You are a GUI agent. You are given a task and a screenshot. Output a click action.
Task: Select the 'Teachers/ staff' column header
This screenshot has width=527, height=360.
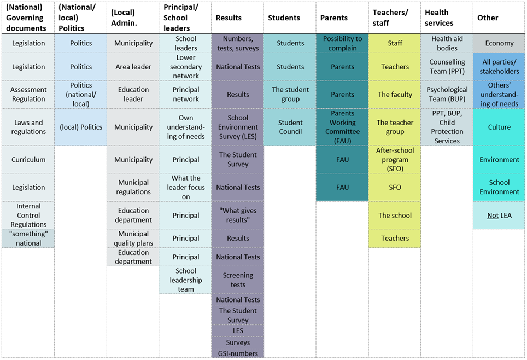pyautogui.click(x=390, y=18)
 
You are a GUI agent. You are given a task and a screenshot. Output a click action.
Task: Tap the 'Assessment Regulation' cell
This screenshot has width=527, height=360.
pyautogui.click(x=28, y=95)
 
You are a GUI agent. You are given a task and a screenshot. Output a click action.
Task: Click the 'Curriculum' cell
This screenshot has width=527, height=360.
pyautogui.click(x=28, y=160)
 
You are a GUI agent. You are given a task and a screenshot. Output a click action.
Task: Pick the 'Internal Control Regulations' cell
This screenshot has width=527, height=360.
pyautogui.click(x=28, y=215)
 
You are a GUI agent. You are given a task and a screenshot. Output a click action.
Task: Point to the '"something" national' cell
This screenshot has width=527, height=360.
pyautogui.click(x=28, y=239)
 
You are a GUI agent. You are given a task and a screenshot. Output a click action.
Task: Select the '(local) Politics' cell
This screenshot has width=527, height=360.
pyautogui.click(x=81, y=127)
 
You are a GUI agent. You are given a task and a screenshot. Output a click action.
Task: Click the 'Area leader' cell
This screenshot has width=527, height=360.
pyautogui.click(x=133, y=67)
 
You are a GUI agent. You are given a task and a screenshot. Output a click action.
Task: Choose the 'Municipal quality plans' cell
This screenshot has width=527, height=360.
pyautogui.click(x=133, y=239)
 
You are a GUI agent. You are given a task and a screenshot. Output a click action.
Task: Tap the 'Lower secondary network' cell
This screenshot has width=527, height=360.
pyautogui.click(x=186, y=67)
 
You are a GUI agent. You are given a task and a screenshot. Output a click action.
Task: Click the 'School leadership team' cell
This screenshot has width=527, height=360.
pyautogui.click(x=186, y=280)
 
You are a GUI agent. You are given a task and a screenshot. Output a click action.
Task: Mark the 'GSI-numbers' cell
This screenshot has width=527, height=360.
pyautogui.click(x=238, y=353)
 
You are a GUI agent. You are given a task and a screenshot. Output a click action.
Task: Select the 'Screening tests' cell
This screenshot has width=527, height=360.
pyautogui.click(x=238, y=280)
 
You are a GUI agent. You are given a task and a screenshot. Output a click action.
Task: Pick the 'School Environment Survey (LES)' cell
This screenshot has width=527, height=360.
pyautogui.click(x=238, y=127)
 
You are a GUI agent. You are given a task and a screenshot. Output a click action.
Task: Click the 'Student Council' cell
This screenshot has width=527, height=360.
pyautogui.click(x=290, y=127)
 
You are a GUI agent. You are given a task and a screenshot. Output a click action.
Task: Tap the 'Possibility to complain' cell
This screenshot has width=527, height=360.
pyautogui.click(x=343, y=43)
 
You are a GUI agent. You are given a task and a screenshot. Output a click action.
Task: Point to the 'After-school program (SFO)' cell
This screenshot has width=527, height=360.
pyautogui.click(x=395, y=159)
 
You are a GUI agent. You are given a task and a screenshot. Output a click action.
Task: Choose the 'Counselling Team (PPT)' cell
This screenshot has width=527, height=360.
pyautogui.click(x=447, y=67)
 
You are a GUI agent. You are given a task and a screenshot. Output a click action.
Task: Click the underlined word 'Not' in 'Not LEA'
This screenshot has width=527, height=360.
pyautogui.click(x=493, y=216)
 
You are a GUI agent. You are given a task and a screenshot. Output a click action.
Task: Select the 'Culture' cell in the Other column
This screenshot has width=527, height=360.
pyautogui.click(x=499, y=127)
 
